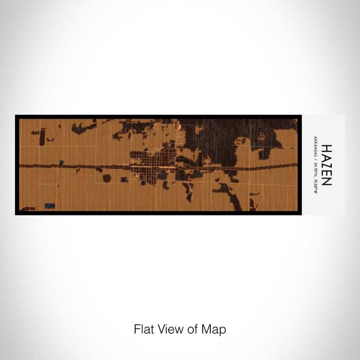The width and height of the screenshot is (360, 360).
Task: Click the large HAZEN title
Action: pos(327,165)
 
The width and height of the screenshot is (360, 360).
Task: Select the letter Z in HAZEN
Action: pos(327,165)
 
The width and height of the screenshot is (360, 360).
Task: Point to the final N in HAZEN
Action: pos(327,182)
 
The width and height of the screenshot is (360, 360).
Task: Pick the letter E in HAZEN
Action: pos(327,173)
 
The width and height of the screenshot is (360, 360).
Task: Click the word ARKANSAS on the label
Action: pos(315,145)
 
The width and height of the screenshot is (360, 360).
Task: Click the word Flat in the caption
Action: pos(143,329)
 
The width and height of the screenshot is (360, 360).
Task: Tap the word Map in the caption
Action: pos(216,329)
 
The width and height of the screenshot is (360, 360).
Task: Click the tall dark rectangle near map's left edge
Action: pos(42,137)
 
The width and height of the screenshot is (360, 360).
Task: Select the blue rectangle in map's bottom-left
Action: pos(50,206)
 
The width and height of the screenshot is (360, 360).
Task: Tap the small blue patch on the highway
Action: pos(61,163)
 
